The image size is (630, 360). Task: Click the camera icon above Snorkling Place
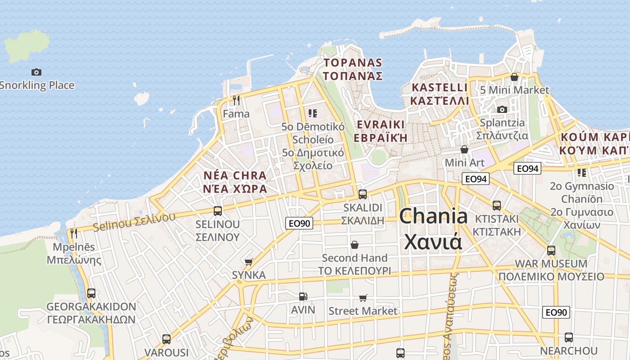[36, 72]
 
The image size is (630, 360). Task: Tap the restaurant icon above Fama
[236, 100]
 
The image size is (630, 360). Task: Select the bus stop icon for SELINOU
[218, 211]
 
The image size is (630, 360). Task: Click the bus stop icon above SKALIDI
[362, 194]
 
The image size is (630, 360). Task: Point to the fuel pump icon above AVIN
[303, 296]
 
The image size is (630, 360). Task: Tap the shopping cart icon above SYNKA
[248, 261]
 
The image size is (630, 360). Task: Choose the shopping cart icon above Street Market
[363, 297]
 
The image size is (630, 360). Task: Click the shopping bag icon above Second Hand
[355, 244]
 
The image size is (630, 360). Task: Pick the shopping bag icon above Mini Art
[464, 149]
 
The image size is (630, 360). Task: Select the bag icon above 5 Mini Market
[514, 76]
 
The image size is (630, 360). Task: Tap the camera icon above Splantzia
[502, 109]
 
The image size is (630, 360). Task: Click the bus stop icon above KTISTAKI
[497, 205]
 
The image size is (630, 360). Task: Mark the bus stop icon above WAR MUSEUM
[551, 250]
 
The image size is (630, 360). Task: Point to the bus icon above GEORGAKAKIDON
[91, 293]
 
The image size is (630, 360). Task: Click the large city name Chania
[433, 216]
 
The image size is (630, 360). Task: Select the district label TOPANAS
[353, 63]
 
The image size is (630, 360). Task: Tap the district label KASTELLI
[440, 87]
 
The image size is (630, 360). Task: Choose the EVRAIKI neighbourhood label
[381, 125]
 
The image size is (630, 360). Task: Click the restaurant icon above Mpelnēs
[74, 233]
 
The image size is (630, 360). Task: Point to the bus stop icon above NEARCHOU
[569, 337]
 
